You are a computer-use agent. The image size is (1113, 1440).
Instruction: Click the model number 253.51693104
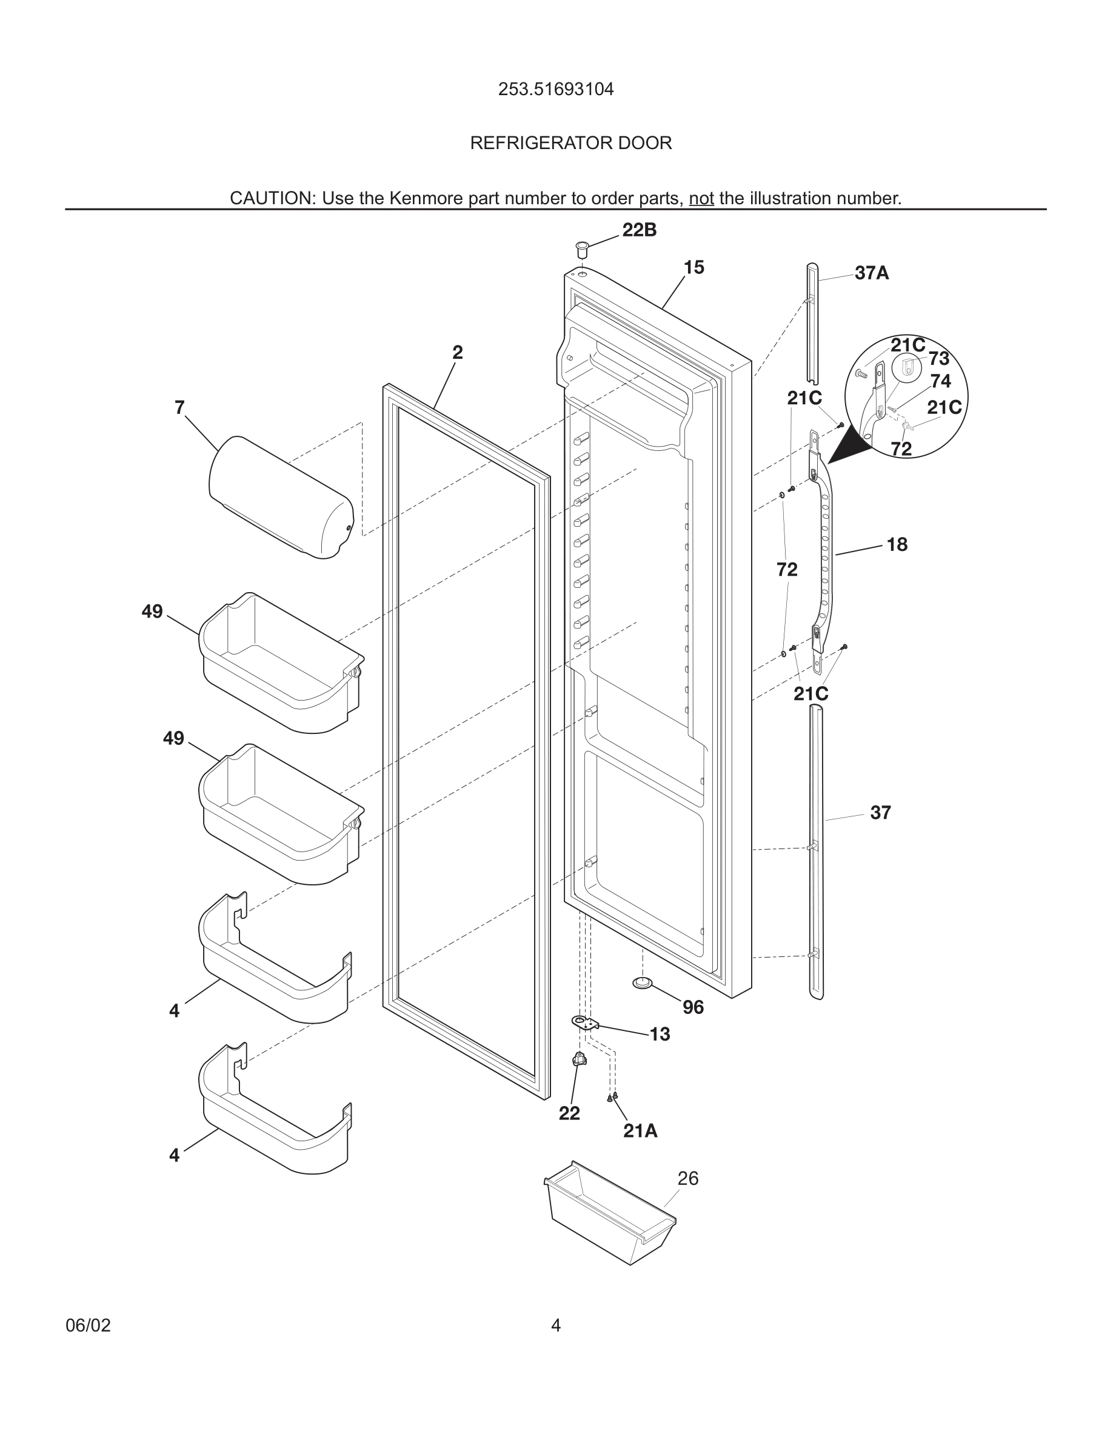[556, 89]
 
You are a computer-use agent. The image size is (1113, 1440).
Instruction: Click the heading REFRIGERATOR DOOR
[570, 143]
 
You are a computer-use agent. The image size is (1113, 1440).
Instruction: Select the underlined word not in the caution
[701, 198]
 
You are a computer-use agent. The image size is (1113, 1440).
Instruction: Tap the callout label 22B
[639, 230]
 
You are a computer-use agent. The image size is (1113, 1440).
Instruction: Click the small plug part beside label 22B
[581, 250]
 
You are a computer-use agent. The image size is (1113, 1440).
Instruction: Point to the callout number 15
[694, 268]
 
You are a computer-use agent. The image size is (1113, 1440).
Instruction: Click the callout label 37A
[871, 273]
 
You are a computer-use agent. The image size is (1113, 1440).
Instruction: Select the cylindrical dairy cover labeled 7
[280, 496]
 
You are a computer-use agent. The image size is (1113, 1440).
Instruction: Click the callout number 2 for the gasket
[457, 353]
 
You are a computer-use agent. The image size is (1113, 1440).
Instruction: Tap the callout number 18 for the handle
[897, 545]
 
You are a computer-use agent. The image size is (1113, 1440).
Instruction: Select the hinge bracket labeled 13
[586, 1022]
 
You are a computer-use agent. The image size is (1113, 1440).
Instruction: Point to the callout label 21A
[640, 1131]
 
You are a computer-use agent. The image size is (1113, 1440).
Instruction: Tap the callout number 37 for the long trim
[880, 813]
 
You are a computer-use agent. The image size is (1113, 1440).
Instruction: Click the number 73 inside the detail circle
[938, 359]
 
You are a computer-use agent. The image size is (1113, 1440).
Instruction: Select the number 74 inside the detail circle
[940, 381]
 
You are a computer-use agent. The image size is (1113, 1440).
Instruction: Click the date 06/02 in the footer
[88, 1325]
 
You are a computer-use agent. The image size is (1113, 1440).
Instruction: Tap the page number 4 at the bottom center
[556, 1325]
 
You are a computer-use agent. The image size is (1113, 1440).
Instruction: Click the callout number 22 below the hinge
[569, 1113]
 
